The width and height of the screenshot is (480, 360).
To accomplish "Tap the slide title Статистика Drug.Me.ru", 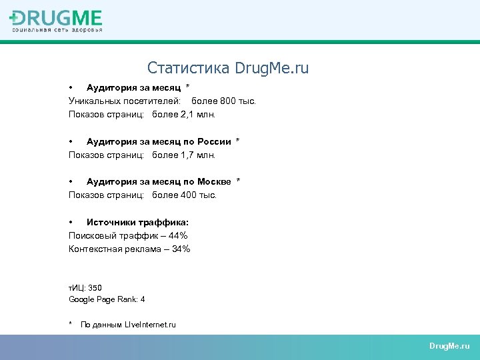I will (228, 68).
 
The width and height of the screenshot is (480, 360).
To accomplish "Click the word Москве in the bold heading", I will (214, 182).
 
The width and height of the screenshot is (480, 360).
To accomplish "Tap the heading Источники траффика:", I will (137, 222).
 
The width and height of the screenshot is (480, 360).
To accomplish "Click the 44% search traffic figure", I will (179, 235).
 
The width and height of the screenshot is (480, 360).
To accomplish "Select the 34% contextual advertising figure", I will (181, 249).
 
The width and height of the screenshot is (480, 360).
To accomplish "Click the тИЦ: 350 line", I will (85, 288).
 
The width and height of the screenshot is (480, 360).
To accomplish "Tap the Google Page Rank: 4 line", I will (107, 299).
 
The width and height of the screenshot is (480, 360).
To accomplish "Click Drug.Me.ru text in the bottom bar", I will (449, 346).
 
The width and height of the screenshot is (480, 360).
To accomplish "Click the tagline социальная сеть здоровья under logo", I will (57, 30).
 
